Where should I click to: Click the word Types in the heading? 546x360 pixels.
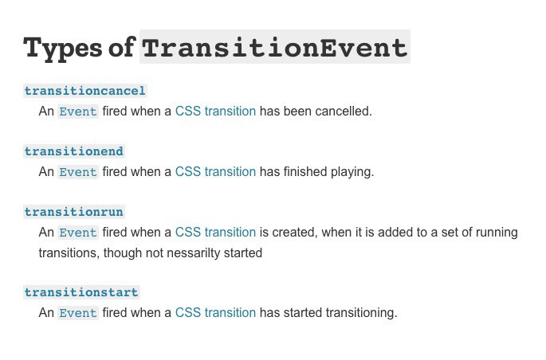pos(63,49)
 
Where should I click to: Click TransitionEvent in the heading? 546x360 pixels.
pos(275,48)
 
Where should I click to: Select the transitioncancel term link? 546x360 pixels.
pos(85,91)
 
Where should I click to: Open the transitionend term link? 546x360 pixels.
pos(74,151)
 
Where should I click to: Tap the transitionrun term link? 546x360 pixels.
pos(74,212)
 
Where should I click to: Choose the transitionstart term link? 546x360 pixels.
pos(81,292)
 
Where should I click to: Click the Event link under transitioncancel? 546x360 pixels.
pos(78,112)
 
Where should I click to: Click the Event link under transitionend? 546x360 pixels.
pos(78,172)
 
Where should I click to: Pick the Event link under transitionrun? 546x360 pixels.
pos(78,233)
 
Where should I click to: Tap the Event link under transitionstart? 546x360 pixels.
pos(78,313)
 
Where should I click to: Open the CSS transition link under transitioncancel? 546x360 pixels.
pos(215,112)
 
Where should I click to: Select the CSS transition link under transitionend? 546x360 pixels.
pos(215,172)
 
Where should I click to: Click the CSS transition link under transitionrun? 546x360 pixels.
pos(215,233)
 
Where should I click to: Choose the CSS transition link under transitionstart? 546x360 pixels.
pos(215,313)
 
